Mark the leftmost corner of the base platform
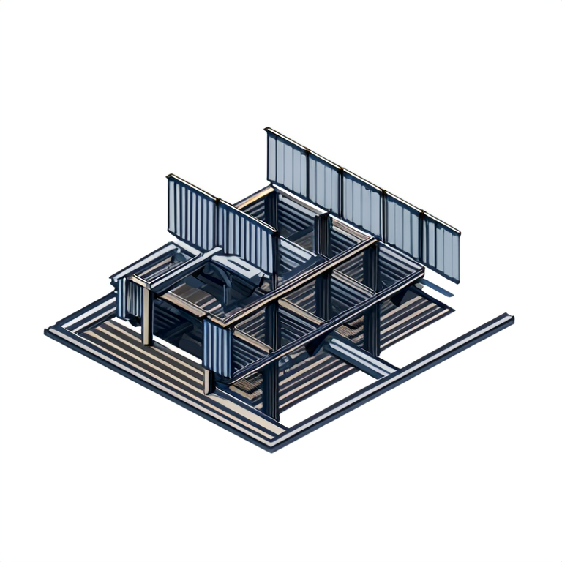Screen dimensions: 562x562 click(x=48, y=331)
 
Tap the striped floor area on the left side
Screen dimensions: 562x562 click(x=146, y=359)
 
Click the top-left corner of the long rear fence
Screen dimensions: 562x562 click(x=267, y=130)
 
